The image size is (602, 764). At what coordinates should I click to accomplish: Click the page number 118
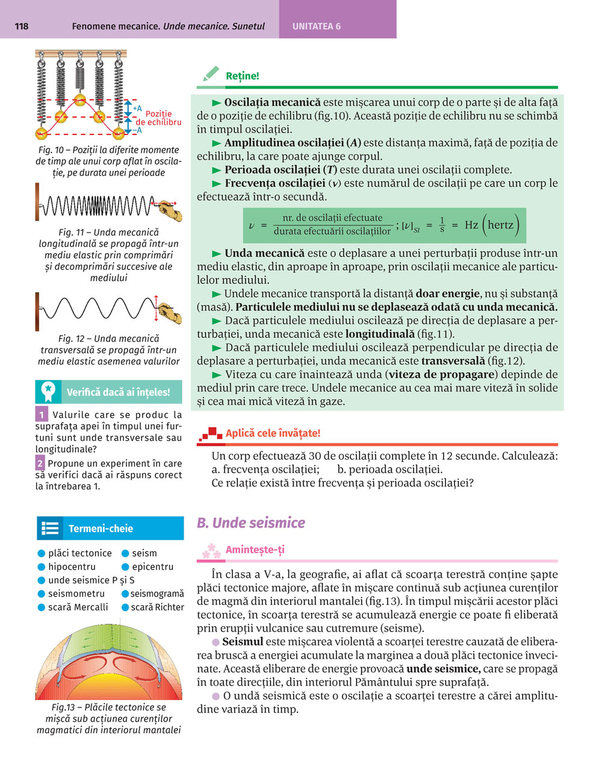tap(21, 26)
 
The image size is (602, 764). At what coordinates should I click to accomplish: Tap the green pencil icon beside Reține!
tap(211, 75)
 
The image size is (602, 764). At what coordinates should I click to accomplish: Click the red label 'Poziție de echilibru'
tap(158, 117)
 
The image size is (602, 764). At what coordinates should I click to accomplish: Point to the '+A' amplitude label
tap(137, 108)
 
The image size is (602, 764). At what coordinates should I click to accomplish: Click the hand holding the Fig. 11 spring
tap(169, 209)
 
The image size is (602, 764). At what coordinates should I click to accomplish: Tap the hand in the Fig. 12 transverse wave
tap(169, 313)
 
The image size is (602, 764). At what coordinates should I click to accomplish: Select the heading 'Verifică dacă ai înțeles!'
tap(118, 392)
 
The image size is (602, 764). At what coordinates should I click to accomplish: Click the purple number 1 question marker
tap(42, 415)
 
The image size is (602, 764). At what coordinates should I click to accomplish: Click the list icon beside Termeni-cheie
tap(50, 528)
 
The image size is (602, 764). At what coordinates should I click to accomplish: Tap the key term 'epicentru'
tap(152, 566)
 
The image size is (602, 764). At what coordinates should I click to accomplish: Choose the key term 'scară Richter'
tap(157, 607)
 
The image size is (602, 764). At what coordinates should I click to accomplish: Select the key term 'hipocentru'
tap(72, 566)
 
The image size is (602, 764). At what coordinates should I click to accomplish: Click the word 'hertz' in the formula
tap(501, 225)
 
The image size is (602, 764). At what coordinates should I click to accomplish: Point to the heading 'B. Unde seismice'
tap(251, 522)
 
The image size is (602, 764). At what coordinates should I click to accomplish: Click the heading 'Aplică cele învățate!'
tap(273, 433)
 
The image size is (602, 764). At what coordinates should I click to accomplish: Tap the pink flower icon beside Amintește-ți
tap(211, 550)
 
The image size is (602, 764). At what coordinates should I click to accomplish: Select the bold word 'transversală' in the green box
tap(453, 361)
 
